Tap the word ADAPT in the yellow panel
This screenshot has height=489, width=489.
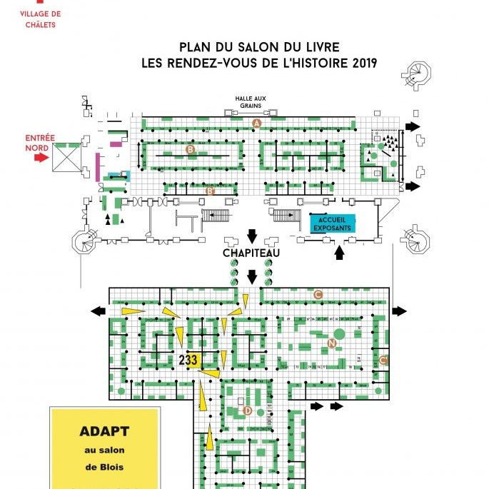104,432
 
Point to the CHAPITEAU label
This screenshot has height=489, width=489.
251,253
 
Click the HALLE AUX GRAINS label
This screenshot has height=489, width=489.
250,103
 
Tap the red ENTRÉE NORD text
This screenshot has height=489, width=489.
36,143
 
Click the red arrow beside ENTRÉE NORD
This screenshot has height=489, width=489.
40,157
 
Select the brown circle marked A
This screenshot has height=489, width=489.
258,123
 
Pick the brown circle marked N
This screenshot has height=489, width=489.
331,343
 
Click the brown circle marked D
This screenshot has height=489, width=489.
248,410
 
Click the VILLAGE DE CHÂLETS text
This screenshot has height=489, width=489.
41,19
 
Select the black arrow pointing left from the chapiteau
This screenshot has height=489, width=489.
96,311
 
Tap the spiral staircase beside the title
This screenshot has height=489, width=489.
418,74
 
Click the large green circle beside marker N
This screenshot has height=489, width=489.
339,333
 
